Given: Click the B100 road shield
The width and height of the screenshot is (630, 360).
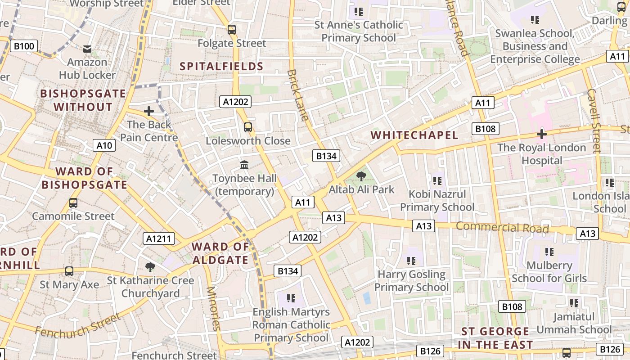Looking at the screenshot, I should (x=23, y=46).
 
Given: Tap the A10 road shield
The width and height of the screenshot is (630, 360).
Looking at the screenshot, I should (x=104, y=145).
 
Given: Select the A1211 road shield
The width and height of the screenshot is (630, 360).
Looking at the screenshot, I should (x=159, y=238).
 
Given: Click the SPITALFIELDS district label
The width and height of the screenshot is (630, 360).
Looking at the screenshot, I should (x=221, y=67).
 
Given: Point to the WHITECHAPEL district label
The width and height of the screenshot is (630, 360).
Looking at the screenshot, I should (x=414, y=135).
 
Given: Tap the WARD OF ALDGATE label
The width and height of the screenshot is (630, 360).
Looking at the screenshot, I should (x=220, y=253).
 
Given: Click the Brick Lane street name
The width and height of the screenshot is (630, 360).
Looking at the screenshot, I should (x=298, y=95).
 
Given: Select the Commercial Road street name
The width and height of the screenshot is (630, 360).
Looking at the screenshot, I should (x=502, y=228).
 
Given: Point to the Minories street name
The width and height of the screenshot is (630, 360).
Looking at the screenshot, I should (x=213, y=308).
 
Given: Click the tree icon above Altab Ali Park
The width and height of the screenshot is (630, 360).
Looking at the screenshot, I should (x=361, y=176).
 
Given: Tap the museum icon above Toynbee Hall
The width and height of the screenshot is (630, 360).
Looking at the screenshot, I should (x=244, y=165).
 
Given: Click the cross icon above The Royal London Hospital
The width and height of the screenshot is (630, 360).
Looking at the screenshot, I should (x=542, y=134).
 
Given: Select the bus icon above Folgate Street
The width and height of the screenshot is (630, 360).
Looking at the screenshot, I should (x=232, y=30).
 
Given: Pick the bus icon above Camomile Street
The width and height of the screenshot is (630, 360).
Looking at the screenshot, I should (x=73, y=203).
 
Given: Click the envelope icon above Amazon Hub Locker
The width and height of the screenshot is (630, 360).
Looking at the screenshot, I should (x=87, y=49).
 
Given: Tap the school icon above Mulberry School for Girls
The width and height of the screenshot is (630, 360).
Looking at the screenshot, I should (x=549, y=252).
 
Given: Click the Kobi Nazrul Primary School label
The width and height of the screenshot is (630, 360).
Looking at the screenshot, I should (x=437, y=201).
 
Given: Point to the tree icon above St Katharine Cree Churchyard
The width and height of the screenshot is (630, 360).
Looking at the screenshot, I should (x=150, y=267).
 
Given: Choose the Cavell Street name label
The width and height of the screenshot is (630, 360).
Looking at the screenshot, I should (x=594, y=120).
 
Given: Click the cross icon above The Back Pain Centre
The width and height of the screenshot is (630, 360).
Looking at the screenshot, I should (x=149, y=111).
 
